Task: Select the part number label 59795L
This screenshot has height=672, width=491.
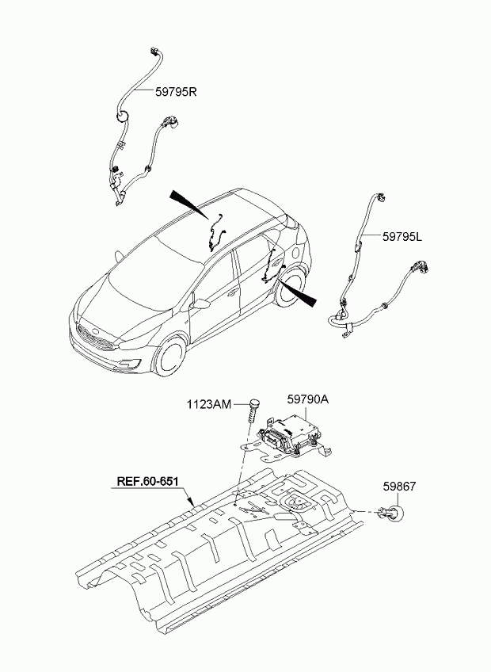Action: (x=402, y=236)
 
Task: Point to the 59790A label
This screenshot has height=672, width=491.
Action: (x=307, y=399)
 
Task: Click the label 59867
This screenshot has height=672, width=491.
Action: (x=399, y=487)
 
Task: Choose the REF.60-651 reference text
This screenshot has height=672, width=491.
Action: (x=147, y=481)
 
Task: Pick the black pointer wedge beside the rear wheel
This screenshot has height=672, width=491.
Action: (x=298, y=292)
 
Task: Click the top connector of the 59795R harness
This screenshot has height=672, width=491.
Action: (x=154, y=51)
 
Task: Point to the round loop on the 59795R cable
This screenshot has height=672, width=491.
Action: (x=123, y=116)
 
